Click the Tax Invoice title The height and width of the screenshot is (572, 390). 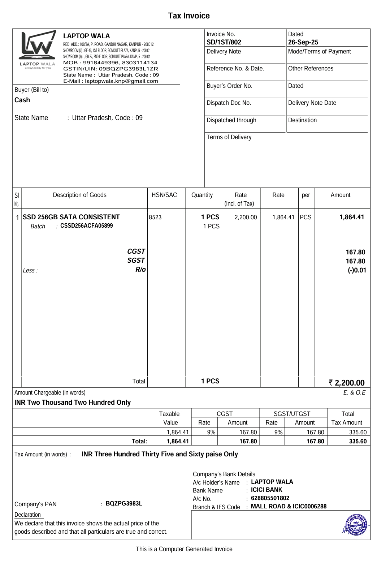click(x=188, y=16)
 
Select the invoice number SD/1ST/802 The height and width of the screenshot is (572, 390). click(x=224, y=42)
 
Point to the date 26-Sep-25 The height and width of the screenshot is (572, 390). click(x=303, y=42)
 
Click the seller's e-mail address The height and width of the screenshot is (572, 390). click(x=110, y=81)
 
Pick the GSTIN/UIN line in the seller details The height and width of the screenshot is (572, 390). click(x=110, y=69)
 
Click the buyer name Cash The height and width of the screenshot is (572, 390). click(x=22, y=100)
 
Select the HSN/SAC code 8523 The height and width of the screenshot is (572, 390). click(x=155, y=218)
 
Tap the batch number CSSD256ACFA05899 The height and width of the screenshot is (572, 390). click(x=86, y=226)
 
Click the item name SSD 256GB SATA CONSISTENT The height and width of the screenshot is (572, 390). click(x=71, y=217)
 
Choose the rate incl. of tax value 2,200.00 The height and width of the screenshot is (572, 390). click(x=246, y=218)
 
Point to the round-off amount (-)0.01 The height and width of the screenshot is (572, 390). click(x=357, y=270)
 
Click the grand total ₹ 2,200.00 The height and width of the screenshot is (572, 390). click(x=347, y=383)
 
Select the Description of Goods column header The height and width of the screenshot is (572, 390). click(x=79, y=195)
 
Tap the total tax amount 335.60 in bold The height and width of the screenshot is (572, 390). click(x=357, y=441)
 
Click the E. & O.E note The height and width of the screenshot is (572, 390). click(x=354, y=393)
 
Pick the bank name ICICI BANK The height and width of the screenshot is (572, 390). click(x=266, y=490)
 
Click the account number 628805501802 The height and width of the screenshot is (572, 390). click(x=270, y=498)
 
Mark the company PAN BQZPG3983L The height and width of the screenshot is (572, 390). click(x=124, y=504)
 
